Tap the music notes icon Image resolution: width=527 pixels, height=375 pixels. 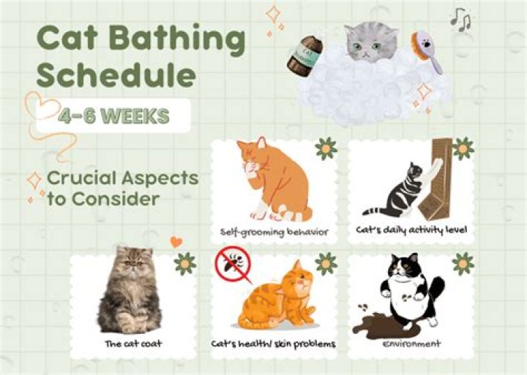tap(460, 20)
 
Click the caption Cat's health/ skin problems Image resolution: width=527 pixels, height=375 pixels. tap(272, 344)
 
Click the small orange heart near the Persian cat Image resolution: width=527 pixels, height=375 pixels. tap(176, 241)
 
